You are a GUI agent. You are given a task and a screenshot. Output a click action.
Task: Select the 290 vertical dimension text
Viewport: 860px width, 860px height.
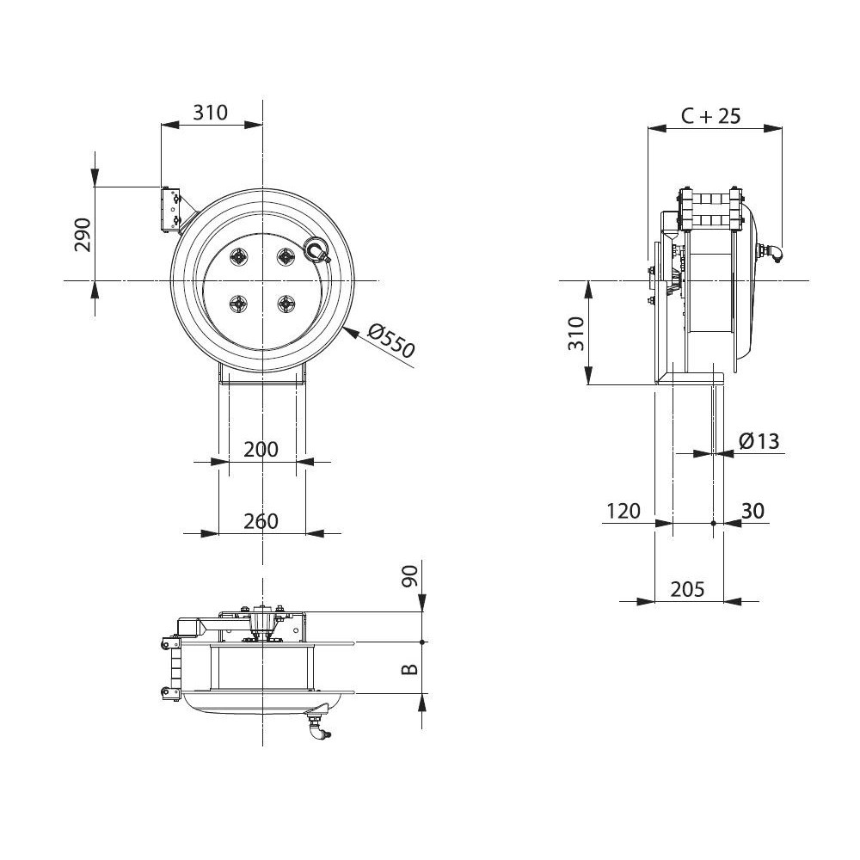[x=83, y=235]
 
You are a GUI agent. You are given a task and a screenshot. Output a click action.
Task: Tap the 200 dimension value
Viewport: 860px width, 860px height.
[x=261, y=450]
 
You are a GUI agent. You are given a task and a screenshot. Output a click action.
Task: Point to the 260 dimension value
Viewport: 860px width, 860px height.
[x=261, y=521]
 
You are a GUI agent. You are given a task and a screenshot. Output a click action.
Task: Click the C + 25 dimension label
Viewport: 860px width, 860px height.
[x=711, y=116]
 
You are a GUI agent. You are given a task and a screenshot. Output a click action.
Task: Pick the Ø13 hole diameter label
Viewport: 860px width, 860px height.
[x=759, y=441]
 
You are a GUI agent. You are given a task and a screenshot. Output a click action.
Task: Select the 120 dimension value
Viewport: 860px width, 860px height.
[x=623, y=511]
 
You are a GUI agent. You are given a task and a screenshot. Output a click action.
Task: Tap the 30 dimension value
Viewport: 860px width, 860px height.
[x=752, y=511]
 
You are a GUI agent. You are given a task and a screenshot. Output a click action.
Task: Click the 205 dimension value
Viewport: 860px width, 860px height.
[x=687, y=589]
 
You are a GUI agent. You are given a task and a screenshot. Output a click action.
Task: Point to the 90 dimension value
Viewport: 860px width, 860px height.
[x=411, y=576]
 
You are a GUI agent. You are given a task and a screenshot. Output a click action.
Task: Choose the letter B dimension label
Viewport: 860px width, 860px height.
[x=410, y=668]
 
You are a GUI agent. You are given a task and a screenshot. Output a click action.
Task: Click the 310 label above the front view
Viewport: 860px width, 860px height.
[x=211, y=112]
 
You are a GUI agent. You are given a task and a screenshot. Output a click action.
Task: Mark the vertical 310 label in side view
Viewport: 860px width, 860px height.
[x=576, y=333]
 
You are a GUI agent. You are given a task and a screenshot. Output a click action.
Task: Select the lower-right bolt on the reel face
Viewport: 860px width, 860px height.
[x=286, y=303]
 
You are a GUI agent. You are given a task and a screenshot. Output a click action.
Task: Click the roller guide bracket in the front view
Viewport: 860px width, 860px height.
[x=171, y=210]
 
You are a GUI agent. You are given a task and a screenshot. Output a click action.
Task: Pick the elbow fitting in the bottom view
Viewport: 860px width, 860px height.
[x=318, y=724]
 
